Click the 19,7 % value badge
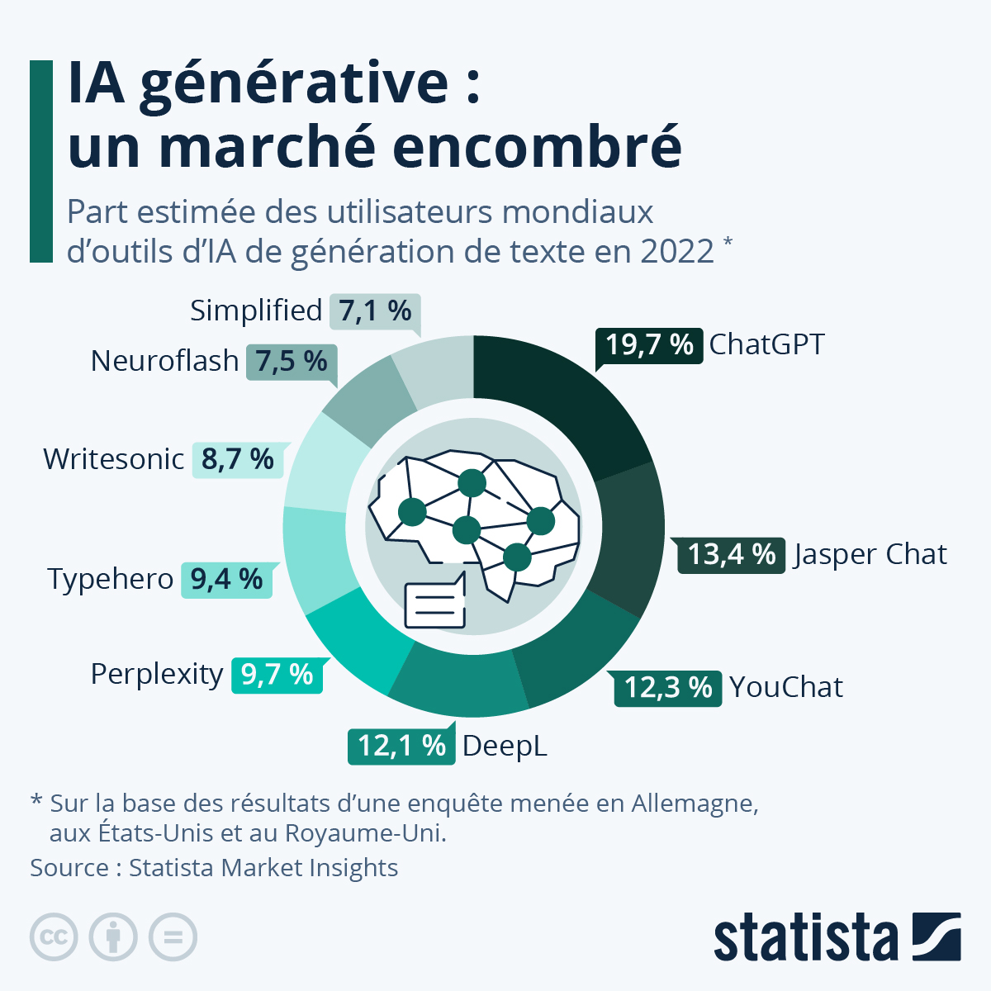click(649, 344)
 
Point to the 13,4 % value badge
click(731, 554)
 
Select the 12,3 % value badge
click(668, 687)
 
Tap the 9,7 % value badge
click(277, 675)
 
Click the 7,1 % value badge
click(375, 311)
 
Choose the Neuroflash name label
click(164, 361)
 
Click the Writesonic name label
click(114, 458)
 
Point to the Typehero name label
click(110, 579)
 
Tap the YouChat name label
click(786, 687)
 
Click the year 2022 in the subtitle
click(676, 251)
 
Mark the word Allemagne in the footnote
click(694, 803)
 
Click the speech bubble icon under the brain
click(434, 605)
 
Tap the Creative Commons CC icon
click(54, 937)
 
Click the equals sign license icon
click(173, 937)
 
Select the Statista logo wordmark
click(805, 937)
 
